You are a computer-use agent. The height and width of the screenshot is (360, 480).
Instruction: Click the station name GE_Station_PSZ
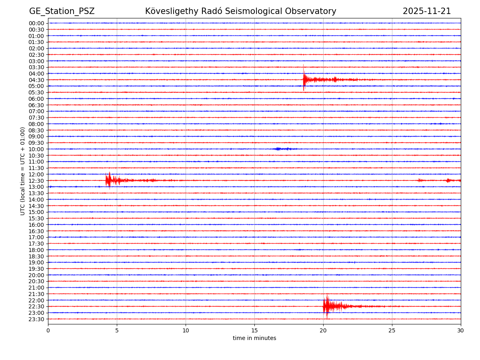[x=62, y=11]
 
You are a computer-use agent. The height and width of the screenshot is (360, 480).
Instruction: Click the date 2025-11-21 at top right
[x=426, y=11]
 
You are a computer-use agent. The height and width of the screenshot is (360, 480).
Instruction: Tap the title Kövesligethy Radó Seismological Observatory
[x=240, y=11]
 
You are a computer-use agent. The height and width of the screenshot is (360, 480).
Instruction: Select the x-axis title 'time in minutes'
[x=254, y=338]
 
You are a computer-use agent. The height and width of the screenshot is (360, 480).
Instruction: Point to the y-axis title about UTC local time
[x=23, y=171]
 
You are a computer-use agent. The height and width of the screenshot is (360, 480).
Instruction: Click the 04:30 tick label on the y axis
[x=36, y=80]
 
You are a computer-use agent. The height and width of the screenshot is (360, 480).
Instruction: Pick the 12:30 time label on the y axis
[x=36, y=181]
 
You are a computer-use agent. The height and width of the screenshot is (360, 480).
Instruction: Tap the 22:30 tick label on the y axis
[x=36, y=306]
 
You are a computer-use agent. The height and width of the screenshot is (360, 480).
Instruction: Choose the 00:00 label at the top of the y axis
[x=36, y=23]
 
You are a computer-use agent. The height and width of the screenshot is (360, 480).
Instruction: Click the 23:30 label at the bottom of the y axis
[x=36, y=319]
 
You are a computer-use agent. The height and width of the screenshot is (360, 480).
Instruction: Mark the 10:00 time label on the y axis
[x=36, y=149]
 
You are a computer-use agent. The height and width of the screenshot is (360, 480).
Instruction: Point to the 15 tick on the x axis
[x=254, y=330]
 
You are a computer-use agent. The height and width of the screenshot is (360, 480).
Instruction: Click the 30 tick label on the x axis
[x=460, y=330]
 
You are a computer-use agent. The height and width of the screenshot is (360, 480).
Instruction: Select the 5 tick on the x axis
[x=117, y=330]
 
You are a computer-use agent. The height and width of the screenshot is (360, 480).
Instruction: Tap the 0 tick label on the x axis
[x=48, y=330]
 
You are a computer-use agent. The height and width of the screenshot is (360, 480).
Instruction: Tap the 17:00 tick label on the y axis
[x=36, y=237]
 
